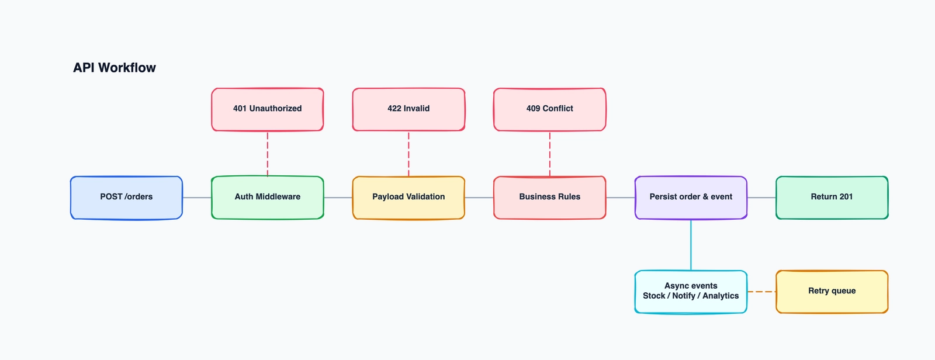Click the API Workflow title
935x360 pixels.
pos(115,68)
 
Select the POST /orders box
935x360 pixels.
pos(126,198)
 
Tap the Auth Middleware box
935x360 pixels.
pos(268,198)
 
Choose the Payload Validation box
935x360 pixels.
pos(408,198)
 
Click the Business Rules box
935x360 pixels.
pos(550,198)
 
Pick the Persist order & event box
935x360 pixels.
pos(691,198)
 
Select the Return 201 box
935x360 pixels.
pos(832,198)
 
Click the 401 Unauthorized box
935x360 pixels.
pos(268,109)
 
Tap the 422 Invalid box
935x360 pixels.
pos(408,109)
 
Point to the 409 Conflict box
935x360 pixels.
pos(550,109)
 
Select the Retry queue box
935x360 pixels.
pos(832,291)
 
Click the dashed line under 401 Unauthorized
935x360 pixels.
pos(268,154)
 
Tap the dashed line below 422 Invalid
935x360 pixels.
pos(408,154)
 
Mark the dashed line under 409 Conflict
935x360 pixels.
pos(550,154)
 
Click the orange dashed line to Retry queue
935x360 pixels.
pos(761,292)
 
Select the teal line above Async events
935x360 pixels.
pos(691,245)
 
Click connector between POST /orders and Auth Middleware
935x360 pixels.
pos(197,198)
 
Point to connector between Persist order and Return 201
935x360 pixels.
pos(761,198)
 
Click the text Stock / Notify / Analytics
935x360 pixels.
pos(691,296)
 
